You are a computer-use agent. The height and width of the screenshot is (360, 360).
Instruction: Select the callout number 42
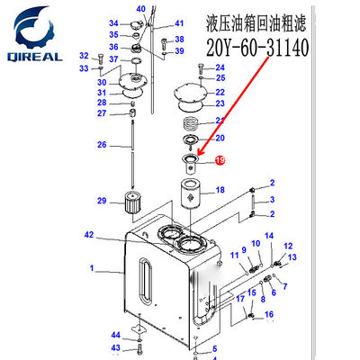coord(114,236)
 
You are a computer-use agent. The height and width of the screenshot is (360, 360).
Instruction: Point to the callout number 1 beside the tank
coord(91,268)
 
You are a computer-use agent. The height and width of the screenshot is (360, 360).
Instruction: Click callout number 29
coord(102,201)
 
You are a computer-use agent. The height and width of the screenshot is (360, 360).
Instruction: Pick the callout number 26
coord(102,145)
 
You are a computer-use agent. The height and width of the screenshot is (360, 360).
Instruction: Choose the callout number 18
coord(220,190)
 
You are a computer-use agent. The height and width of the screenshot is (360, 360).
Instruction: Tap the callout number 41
coord(179,23)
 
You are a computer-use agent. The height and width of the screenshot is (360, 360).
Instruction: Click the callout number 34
coord(113,22)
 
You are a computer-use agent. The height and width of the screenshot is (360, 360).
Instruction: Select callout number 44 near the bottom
coord(115,335)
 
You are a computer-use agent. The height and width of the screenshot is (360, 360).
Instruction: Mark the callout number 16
coord(267,314)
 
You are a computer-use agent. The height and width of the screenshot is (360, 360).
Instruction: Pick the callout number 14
coord(267,235)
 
